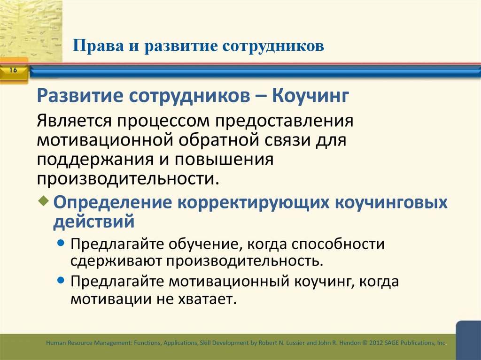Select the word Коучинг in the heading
[310, 96]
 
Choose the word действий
[93, 221]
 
